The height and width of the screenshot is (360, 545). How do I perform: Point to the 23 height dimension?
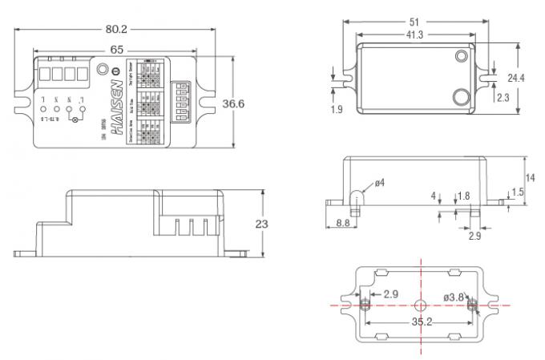point(260,224)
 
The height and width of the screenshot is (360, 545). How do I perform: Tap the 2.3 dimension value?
point(503,97)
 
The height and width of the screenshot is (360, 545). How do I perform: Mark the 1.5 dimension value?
point(519,192)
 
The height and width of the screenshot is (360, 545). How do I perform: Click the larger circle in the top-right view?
point(460,98)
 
